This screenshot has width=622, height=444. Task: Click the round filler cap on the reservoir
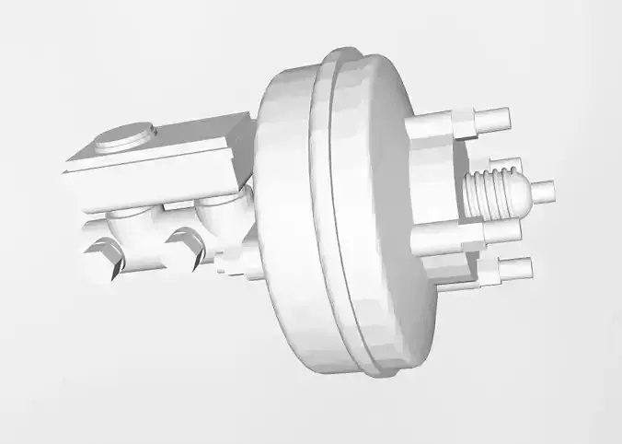(x=124, y=138)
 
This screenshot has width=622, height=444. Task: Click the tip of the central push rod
(x=546, y=191)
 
